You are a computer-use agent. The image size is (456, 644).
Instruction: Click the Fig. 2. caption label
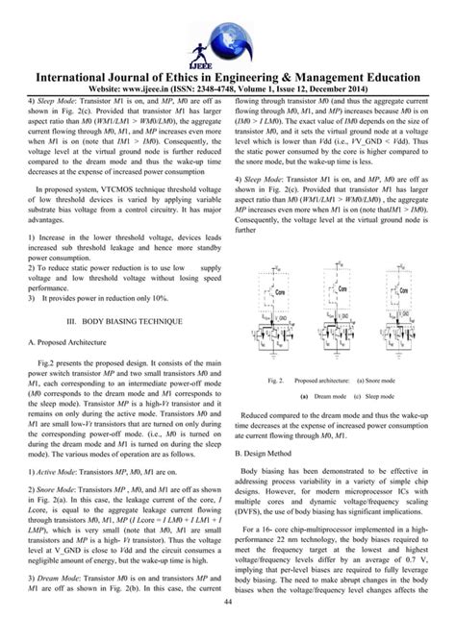(x=276, y=381)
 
